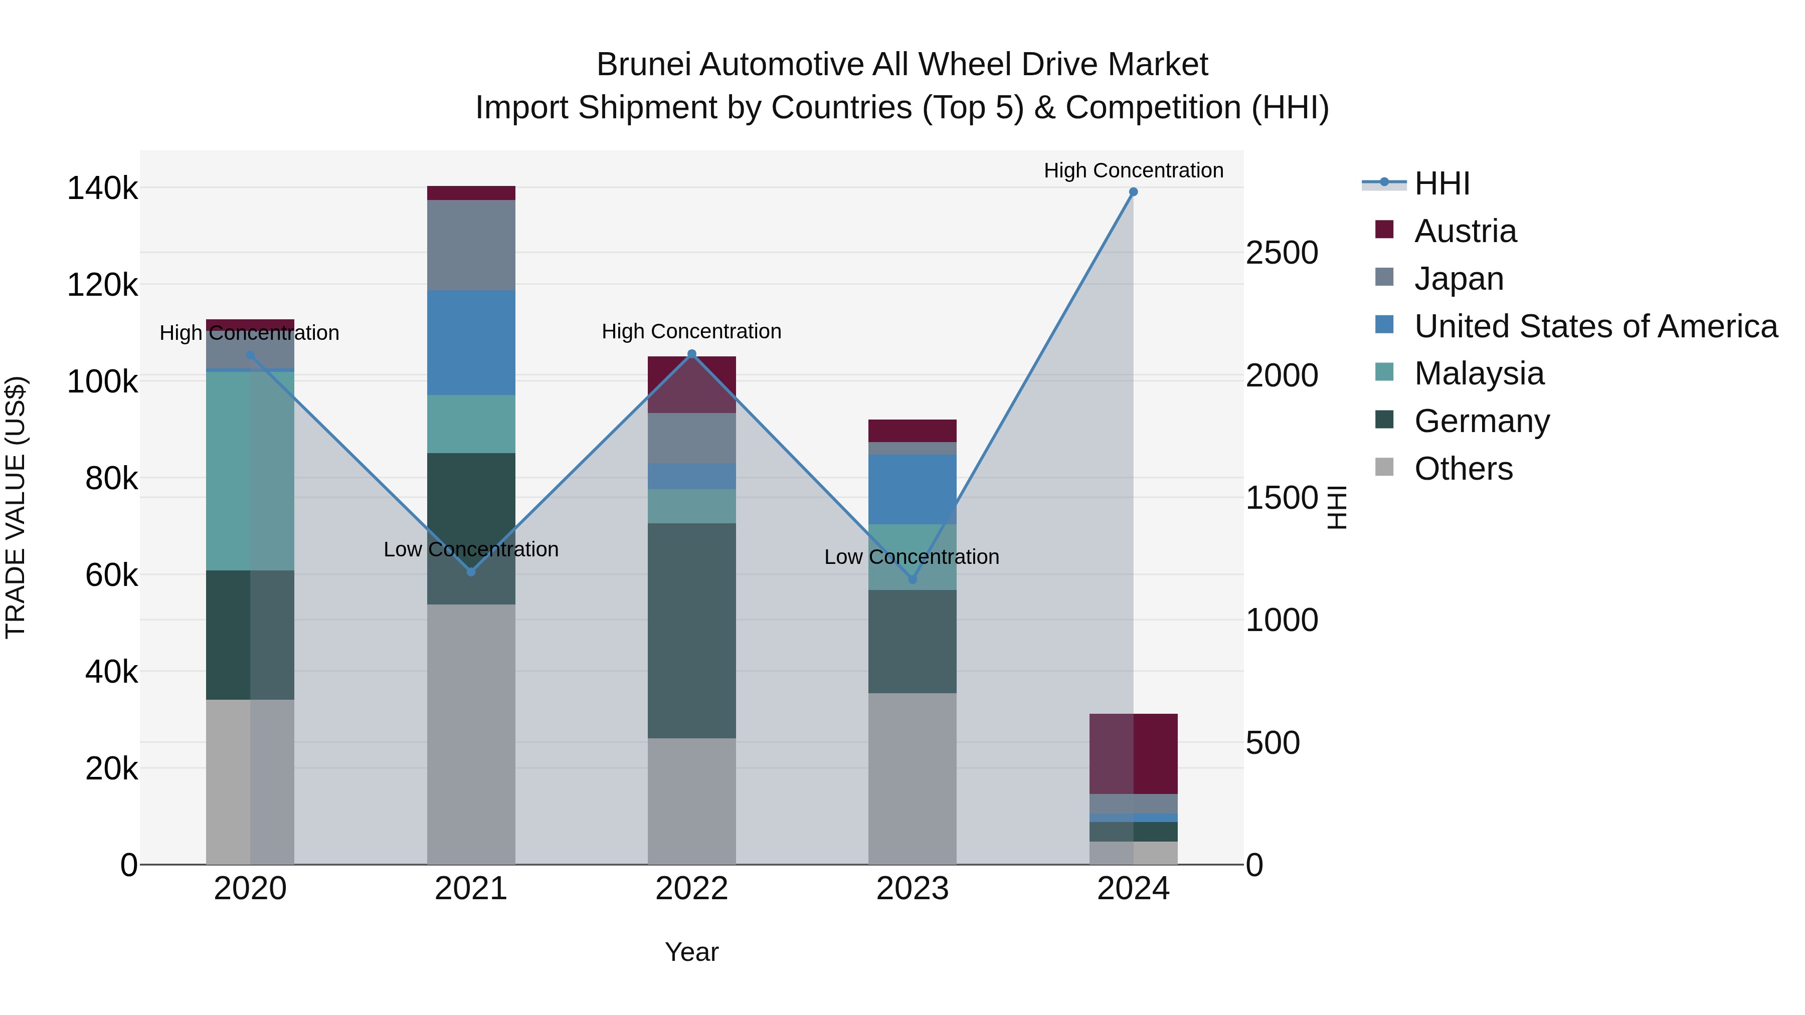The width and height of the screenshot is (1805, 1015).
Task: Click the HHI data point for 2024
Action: (1133, 192)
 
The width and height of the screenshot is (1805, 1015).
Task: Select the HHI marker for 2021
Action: (471, 571)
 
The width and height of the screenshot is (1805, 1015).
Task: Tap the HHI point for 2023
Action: (913, 579)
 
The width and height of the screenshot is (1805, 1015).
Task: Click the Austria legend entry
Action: (1465, 231)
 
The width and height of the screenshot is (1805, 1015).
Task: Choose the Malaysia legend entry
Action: (1479, 373)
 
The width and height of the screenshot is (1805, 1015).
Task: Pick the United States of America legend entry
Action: (1595, 326)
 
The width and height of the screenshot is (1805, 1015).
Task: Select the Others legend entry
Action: (1463, 469)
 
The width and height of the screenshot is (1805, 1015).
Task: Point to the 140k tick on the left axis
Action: (102, 188)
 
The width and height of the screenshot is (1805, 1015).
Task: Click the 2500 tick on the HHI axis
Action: (1282, 253)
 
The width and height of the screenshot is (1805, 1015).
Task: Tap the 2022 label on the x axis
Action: (691, 889)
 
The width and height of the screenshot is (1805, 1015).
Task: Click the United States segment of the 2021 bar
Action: (471, 342)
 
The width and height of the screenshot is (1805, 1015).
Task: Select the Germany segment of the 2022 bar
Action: (691, 631)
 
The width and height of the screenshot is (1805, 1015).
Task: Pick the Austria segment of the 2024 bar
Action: (1133, 754)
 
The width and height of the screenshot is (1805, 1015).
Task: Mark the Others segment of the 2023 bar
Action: (913, 778)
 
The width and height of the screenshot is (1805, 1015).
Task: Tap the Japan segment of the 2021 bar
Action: (471, 245)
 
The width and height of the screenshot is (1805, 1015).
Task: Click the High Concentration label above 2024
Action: (1133, 170)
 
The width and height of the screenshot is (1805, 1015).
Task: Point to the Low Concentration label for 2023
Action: (911, 557)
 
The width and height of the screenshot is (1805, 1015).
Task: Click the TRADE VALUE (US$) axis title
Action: (16, 507)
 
